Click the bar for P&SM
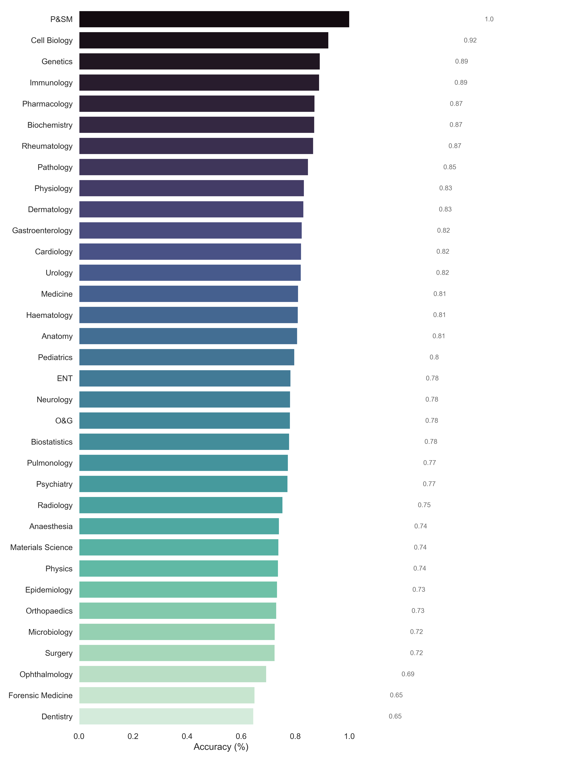(214, 19)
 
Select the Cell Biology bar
(204, 40)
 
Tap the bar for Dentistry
(166, 716)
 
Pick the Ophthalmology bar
(172, 674)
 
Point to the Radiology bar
(181, 505)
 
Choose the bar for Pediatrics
(187, 357)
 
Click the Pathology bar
(193, 167)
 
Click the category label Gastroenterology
(42, 231)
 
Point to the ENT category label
(65, 378)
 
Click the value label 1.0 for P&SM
(489, 19)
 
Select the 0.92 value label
(470, 40)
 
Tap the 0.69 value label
(408, 674)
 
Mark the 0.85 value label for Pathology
(449, 167)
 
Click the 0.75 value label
(424, 505)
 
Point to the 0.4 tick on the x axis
(187, 736)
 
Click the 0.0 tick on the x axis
(79, 736)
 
